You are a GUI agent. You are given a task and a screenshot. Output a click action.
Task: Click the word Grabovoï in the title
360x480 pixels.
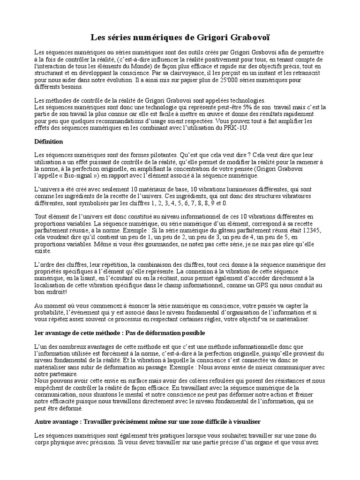(x=249, y=36)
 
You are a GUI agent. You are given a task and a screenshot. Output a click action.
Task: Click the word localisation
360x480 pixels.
(x=55, y=285)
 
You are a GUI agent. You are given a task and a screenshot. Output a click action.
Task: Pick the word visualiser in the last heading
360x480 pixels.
(x=243, y=422)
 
